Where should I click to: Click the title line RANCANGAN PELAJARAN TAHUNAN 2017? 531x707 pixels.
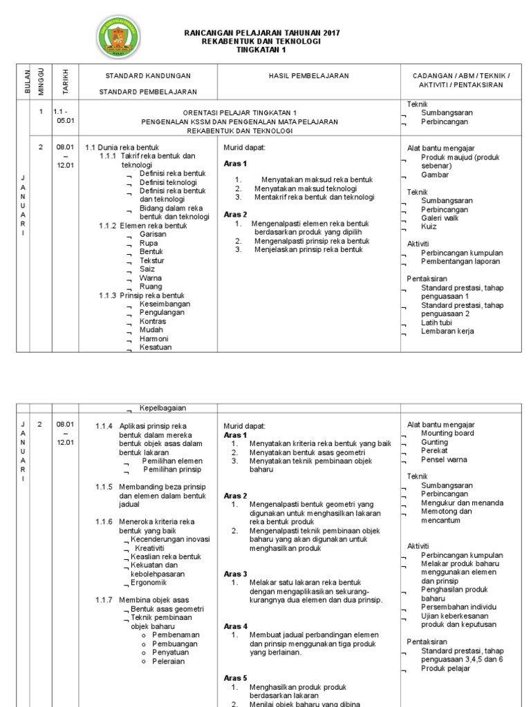261,33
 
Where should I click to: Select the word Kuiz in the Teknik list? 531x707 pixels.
429,226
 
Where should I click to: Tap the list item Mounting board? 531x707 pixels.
447,433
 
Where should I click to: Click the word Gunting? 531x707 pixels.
435,442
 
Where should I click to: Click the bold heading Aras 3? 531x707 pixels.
236,574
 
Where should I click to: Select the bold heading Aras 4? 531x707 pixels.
236,626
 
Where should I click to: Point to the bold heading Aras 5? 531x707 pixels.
236,678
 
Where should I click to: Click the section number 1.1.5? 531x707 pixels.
104,487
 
